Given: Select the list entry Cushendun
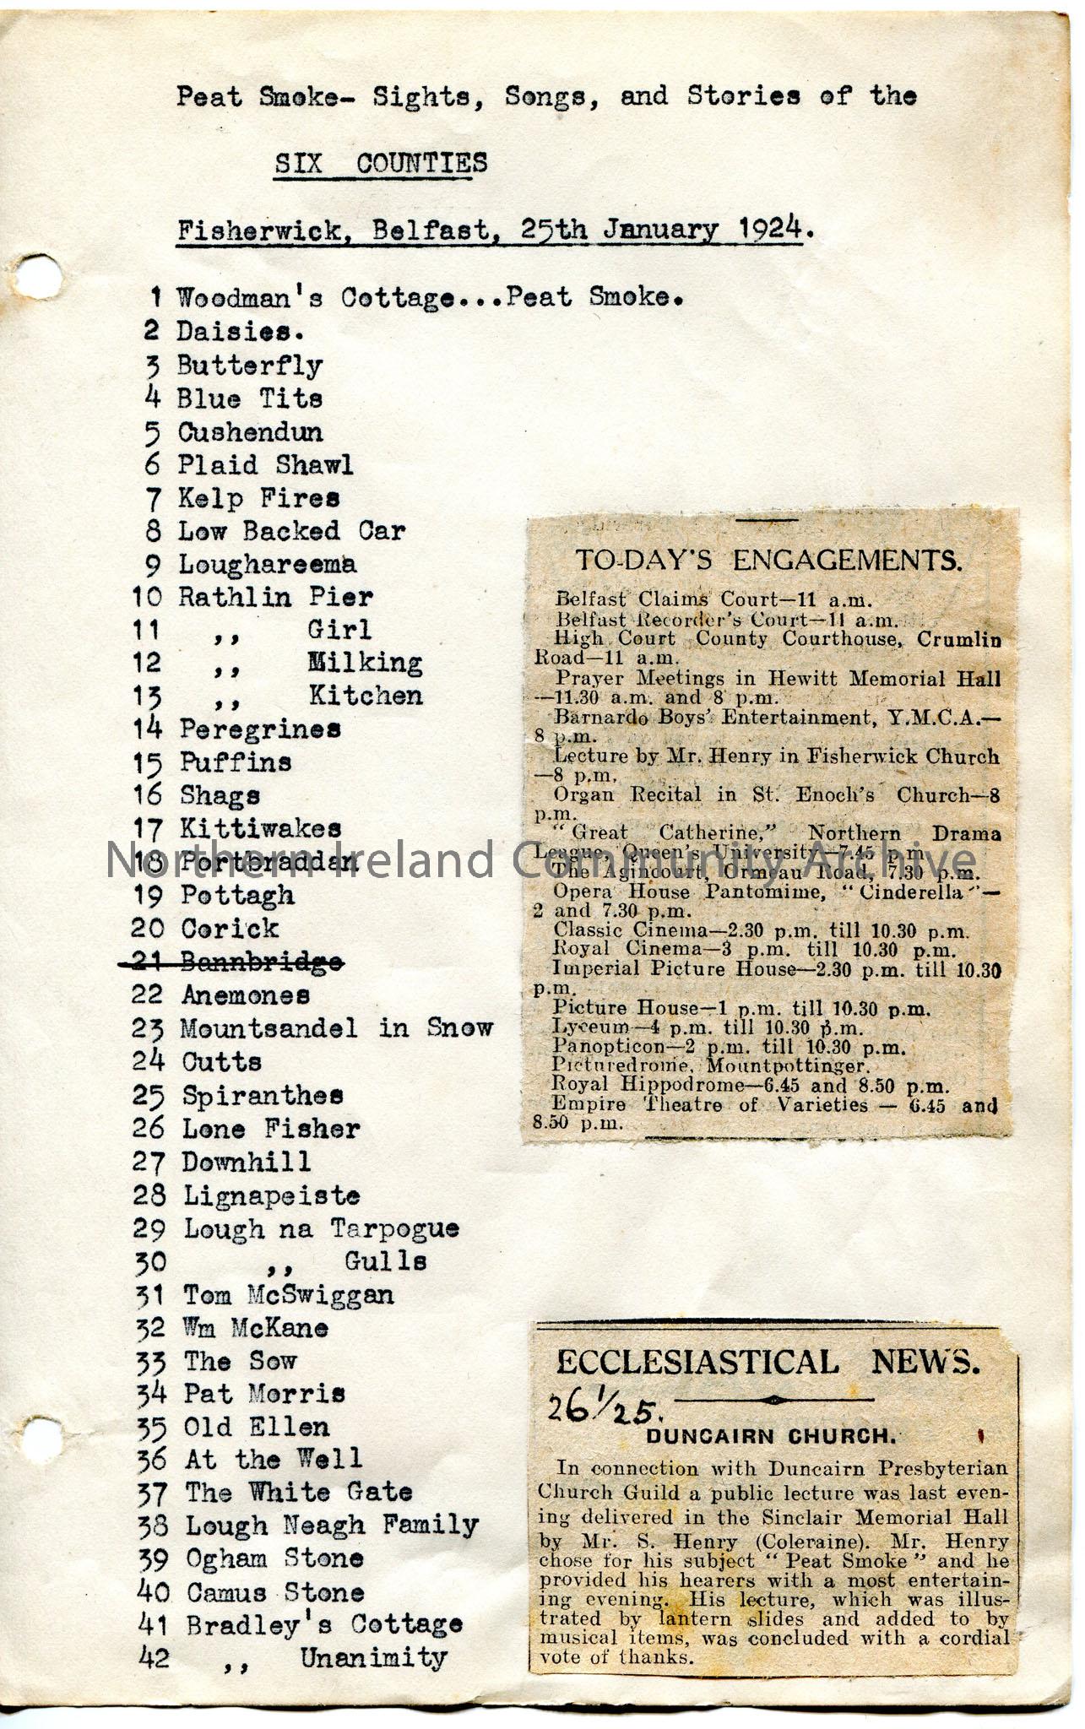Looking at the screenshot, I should point(250,432).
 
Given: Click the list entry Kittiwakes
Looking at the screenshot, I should point(260,828).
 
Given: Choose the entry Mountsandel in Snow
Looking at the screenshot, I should point(337,1028).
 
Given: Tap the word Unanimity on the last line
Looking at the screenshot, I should point(373,1657).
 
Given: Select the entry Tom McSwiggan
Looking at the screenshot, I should point(288,1294).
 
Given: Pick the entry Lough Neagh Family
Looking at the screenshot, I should point(332,1526).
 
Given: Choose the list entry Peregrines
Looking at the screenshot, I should point(260,729).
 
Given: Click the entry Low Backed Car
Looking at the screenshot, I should point(291,531).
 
